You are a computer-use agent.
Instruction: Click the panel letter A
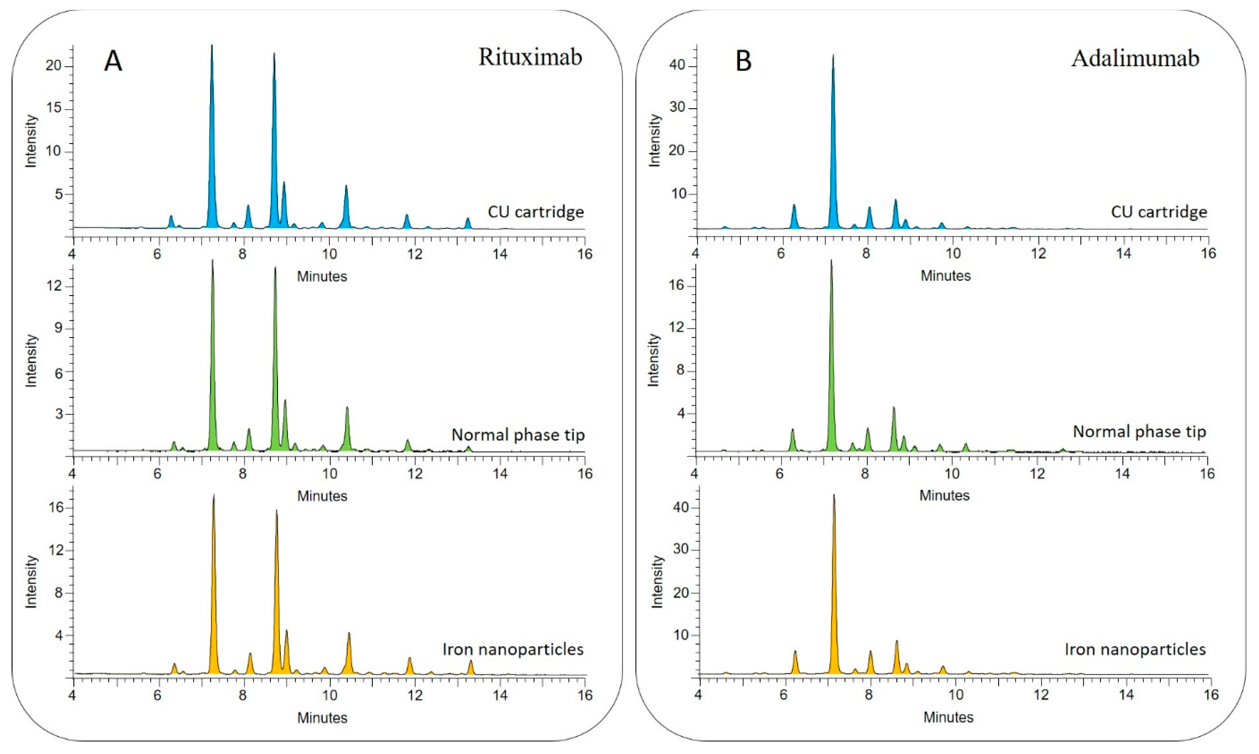113,62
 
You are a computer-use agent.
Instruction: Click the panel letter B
743,62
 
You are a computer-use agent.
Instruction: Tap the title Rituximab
530,57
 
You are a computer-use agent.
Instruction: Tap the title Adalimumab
1135,58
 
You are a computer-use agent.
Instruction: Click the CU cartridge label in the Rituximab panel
535,212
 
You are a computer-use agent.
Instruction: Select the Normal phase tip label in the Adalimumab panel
1139,432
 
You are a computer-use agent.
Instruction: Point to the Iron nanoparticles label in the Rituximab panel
513,649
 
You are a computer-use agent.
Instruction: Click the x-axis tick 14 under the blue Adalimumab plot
1123,253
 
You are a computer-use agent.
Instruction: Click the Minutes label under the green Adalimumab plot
944,495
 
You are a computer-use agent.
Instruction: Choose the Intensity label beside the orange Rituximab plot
31,582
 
